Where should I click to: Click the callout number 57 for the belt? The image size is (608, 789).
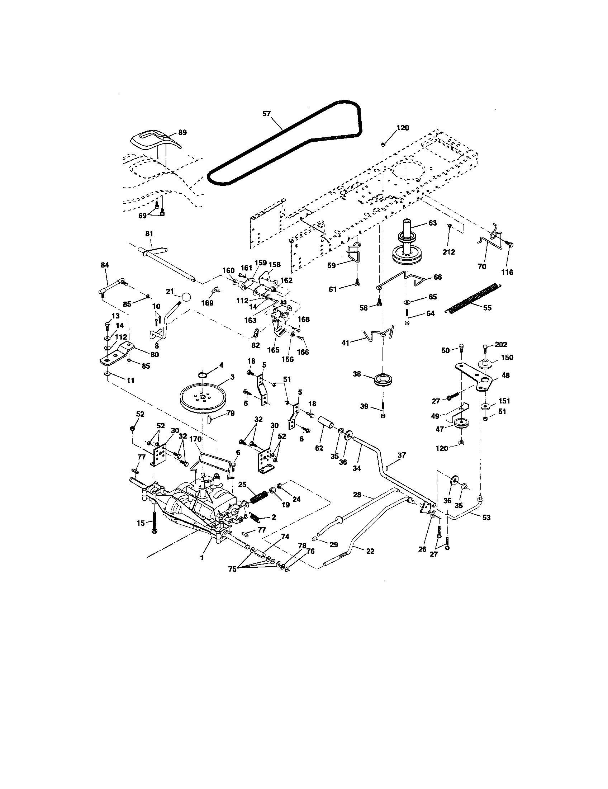(266, 113)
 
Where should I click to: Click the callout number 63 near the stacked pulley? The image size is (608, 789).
(432, 223)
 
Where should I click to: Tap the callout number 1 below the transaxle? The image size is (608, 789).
(202, 558)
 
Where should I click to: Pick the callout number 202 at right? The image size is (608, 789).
(501, 345)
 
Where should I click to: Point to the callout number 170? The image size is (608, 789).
(195, 439)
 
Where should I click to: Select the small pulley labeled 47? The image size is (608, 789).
(460, 424)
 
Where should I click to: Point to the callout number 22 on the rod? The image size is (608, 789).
(370, 551)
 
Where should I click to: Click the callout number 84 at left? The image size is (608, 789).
(105, 265)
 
